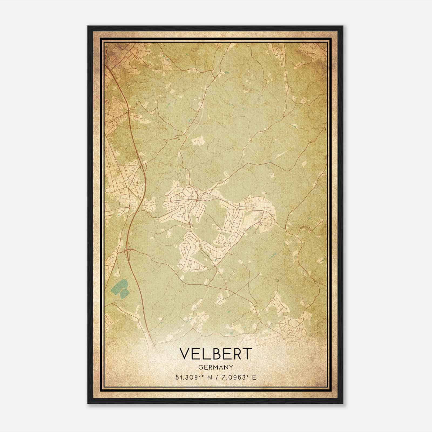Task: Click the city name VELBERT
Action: (x=216, y=353)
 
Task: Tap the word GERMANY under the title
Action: (x=216, y=367)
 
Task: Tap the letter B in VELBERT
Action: (x=216, y=353)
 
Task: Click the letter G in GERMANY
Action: (x=200, y=367)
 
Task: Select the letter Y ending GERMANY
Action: (x=231, y=367)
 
